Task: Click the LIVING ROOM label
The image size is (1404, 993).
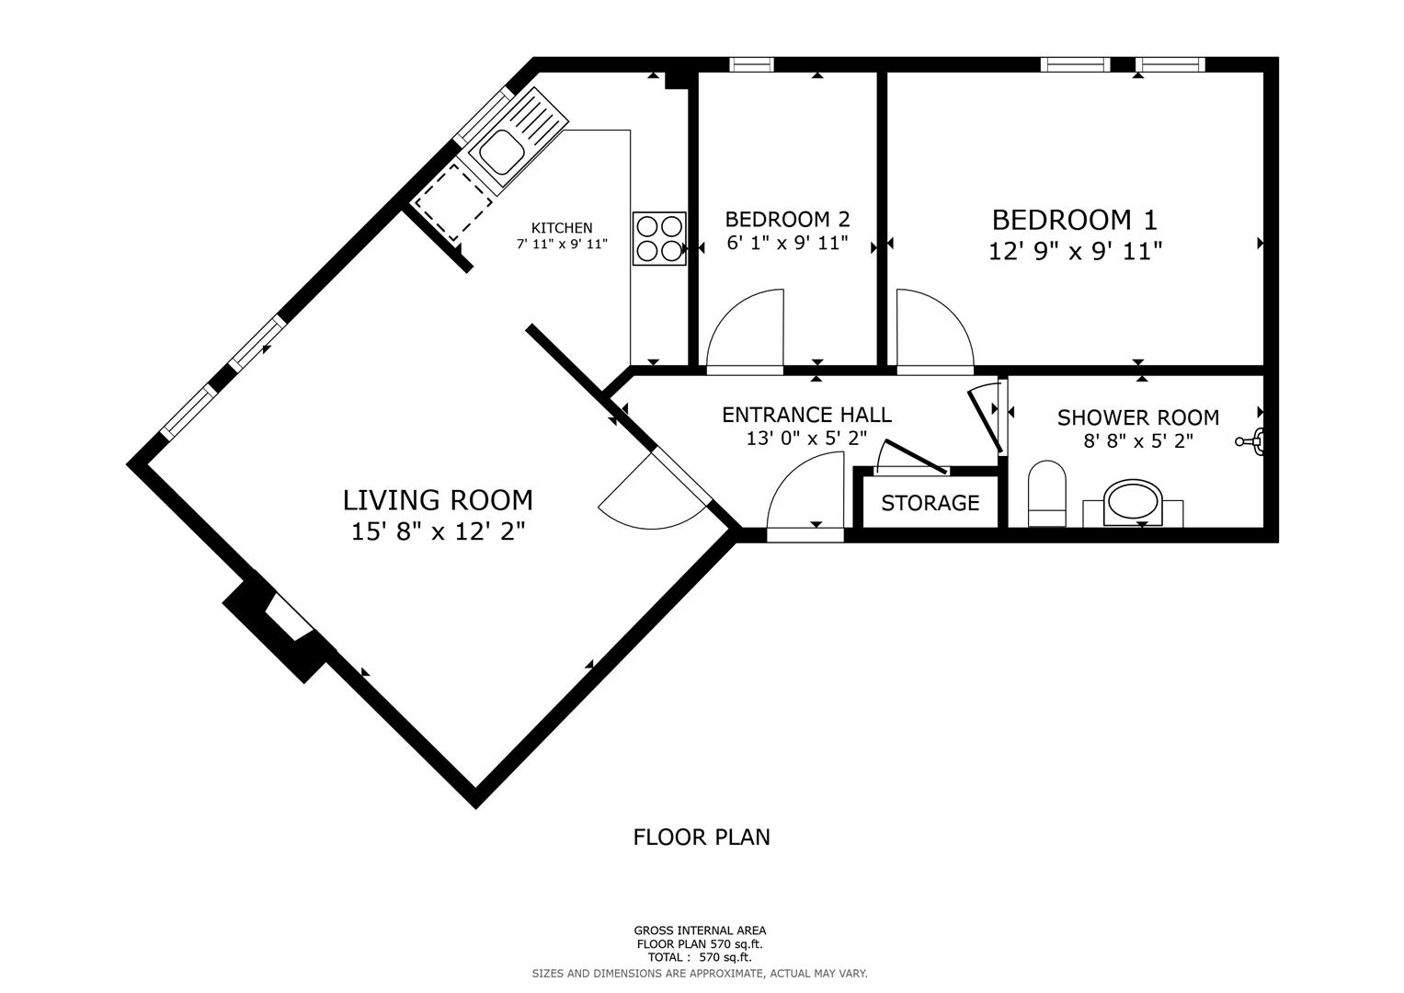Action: pyautogui.click(x=438, y=500)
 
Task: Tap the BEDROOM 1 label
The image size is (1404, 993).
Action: pyautogui.click(x=1074, y=220)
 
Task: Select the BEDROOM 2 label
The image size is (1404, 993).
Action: pyautogui.click(x=787, y=219)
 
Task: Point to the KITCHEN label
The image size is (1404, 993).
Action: pyautogui.click(x=562, y=228)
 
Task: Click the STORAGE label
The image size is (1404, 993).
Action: pyautogui.click(x=930, y=503)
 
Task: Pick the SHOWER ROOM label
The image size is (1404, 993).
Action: pyautogui.click(x=1137, y=417)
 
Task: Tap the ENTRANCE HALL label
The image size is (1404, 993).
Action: pyautogui.click(x=806, y=415)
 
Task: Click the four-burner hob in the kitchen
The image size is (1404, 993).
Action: pyautogui.click(x=659, y=239)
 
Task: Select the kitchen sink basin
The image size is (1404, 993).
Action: pyautogui.click(x=497, y=151)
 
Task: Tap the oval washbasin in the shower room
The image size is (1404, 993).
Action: pyautogui.click(x=1133, y=502)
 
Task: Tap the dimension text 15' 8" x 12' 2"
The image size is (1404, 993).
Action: pyautogui.click(x=438, y=531)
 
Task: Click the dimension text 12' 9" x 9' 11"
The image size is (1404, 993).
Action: pyautogui.click(x=1074, y=251)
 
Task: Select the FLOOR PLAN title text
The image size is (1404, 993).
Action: pyautogui.click(x=702, y=837)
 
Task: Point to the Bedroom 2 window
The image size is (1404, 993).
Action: pyautogui.click(x=751, y=64)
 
